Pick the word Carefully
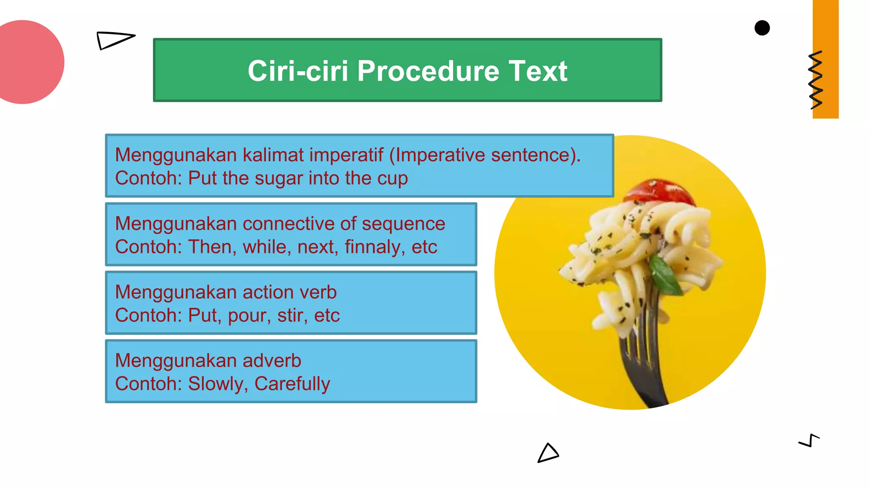coord(292,384)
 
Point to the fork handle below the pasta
coord(646,374)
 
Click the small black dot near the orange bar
coord(762,28)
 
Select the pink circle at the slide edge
coord(25,62)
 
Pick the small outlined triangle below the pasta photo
coord(548,453)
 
